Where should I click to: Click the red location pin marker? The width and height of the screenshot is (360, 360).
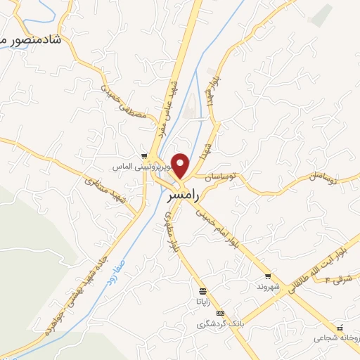tap(181, 165)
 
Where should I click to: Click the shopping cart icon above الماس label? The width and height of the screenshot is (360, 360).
tap(144, 156)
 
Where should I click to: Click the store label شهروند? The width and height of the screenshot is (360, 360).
tap(267, 288)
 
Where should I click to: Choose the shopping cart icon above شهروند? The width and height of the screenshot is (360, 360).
tap(267, 276)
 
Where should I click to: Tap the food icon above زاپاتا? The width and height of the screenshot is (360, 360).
tap(202, 291)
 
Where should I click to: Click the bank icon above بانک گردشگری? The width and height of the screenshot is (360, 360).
tap(221, 314)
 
